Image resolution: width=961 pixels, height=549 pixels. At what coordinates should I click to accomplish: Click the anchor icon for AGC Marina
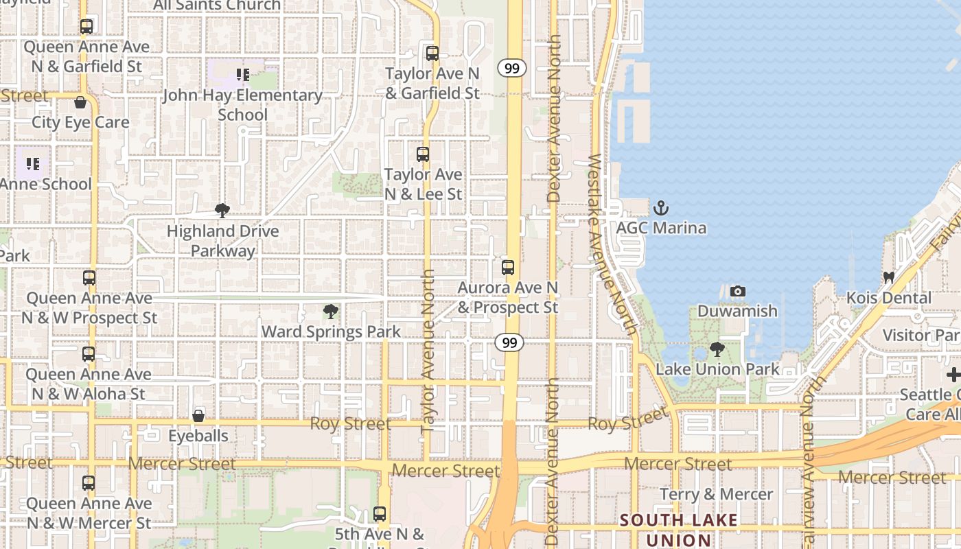pyautogui.click(x=660, y=207)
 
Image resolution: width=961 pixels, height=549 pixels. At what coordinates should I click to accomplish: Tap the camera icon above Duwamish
pyautogui.click(x=738, y=291)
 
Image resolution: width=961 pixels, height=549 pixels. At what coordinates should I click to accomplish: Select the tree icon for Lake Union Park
pyautogui.click(x=717, y=349)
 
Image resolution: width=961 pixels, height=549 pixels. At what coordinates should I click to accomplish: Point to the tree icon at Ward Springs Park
pyautogui.click(x=330, y=312)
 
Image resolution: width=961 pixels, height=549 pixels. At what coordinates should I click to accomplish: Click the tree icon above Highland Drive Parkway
pyautogui.click(x=222, y=211)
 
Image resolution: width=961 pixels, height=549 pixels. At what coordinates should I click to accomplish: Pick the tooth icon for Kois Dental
pyautogui.click(x=889, y=278)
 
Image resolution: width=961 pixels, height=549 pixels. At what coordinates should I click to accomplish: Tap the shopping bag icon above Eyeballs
pyautogui.click(x=198, y=415)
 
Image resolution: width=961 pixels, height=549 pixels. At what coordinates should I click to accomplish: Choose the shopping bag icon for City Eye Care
pyautogui.click(x=80, y=103)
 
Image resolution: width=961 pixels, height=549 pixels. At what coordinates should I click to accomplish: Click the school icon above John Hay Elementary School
pyautogui.click(x=242, y=74)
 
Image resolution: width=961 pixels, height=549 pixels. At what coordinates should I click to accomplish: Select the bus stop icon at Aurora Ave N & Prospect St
pyautogui.click(x=508, y=268)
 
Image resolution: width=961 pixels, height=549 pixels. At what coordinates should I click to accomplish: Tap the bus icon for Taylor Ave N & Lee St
pyautogui.click(x=423, y=154)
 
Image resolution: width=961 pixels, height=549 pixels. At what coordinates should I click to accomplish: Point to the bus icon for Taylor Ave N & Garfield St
pyautogui.click(x=432, y=54)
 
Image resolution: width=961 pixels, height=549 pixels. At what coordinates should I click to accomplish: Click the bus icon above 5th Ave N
pyautogui.click(x=380, y=513)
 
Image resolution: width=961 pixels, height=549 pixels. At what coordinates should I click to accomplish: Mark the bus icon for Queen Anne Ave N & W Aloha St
pyautogui.click(x=89, y=354)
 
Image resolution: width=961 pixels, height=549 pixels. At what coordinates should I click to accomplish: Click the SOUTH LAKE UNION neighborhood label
pyautogui.click(x=679, y=530)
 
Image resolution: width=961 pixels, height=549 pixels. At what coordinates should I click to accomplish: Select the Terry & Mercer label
pyautogui.click(x=716, y=494)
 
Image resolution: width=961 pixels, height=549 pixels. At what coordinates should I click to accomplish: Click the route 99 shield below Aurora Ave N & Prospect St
pyautogui.click(x=509, y=342)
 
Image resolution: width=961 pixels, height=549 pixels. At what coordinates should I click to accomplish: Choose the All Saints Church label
pyautogui.click(x=217, y=5)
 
